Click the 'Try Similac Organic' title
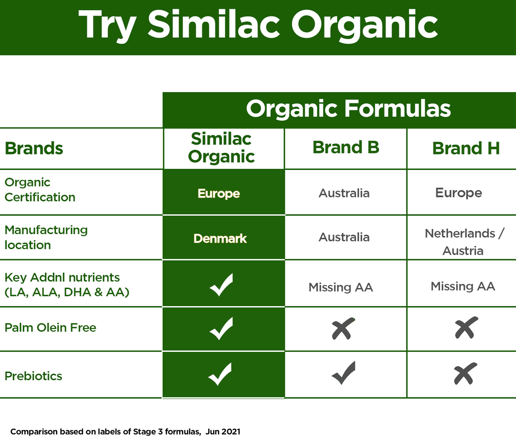pyautogui.click(x=258, y=25)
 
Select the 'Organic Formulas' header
pyautogui.click(x=348, y=109)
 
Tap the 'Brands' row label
pyautogui.click(x=34, y=149)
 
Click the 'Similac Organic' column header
pyautogui.click(x=221, y=148)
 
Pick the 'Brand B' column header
pyautogui.click(x=346, y=147)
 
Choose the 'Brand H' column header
pyautogui.click(x=466, y=149)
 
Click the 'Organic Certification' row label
pyautogui.click(x=40, y=190)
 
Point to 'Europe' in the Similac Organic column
pyautogui.click(x=219, y=194)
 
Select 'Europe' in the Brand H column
pyautogui.click(x=459, y=193)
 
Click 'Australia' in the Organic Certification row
pyautogui.click(x=344, y=193)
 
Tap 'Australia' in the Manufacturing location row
pyautogui.click(x=344, y=237)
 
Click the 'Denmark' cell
pyautogui.click(x=220, y=238)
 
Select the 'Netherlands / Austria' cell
pyautogui.click(x=464, y=242)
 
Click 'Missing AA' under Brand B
pyautogui.click(x=341, y=287)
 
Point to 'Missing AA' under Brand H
pyautogui.click(x=463, y=286)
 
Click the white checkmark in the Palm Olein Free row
pyautogui.click(x=221, y=329)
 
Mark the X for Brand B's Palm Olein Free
pyautogui.click(x=343, y=328)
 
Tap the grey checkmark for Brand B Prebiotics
pyautogui.click(x=343, y=372)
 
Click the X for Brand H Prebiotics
pyautogui.click(x=465, y=373)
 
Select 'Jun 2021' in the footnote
pyautogui.click(x=223, y=432)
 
